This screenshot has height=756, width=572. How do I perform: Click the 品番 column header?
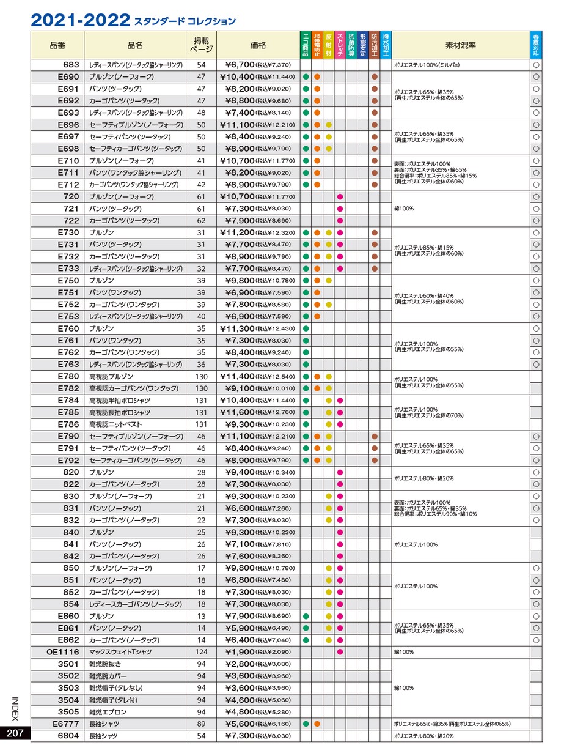click(57, 45)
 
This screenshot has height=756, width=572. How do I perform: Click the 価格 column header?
click(258, 45)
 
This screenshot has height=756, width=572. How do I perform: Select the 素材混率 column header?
click(460, 45)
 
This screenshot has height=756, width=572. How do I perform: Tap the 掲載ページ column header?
click(201, 45)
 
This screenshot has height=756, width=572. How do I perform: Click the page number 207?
click(15, 734)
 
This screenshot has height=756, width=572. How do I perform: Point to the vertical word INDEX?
click(15, 709)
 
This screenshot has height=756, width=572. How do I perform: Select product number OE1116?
click(63, 652)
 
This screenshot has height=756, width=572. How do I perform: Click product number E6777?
click(66, 724)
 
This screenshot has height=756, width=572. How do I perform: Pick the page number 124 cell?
click(201, 652)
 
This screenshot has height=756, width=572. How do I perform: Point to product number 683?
click(71, 65)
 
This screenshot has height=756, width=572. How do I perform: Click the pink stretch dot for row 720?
click(340, 197)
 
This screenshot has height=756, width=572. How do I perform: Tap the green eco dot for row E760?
click(306, 328)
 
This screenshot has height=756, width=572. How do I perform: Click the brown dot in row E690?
click(374, 77)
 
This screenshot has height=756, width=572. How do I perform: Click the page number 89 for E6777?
click(201, 724)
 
